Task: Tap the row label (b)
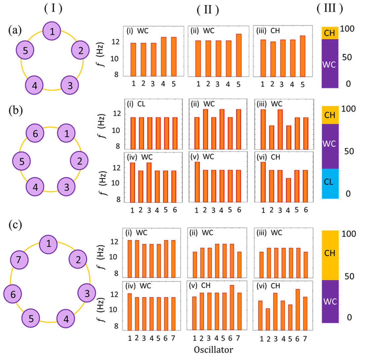pyautogui.click(x=16, y=110)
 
